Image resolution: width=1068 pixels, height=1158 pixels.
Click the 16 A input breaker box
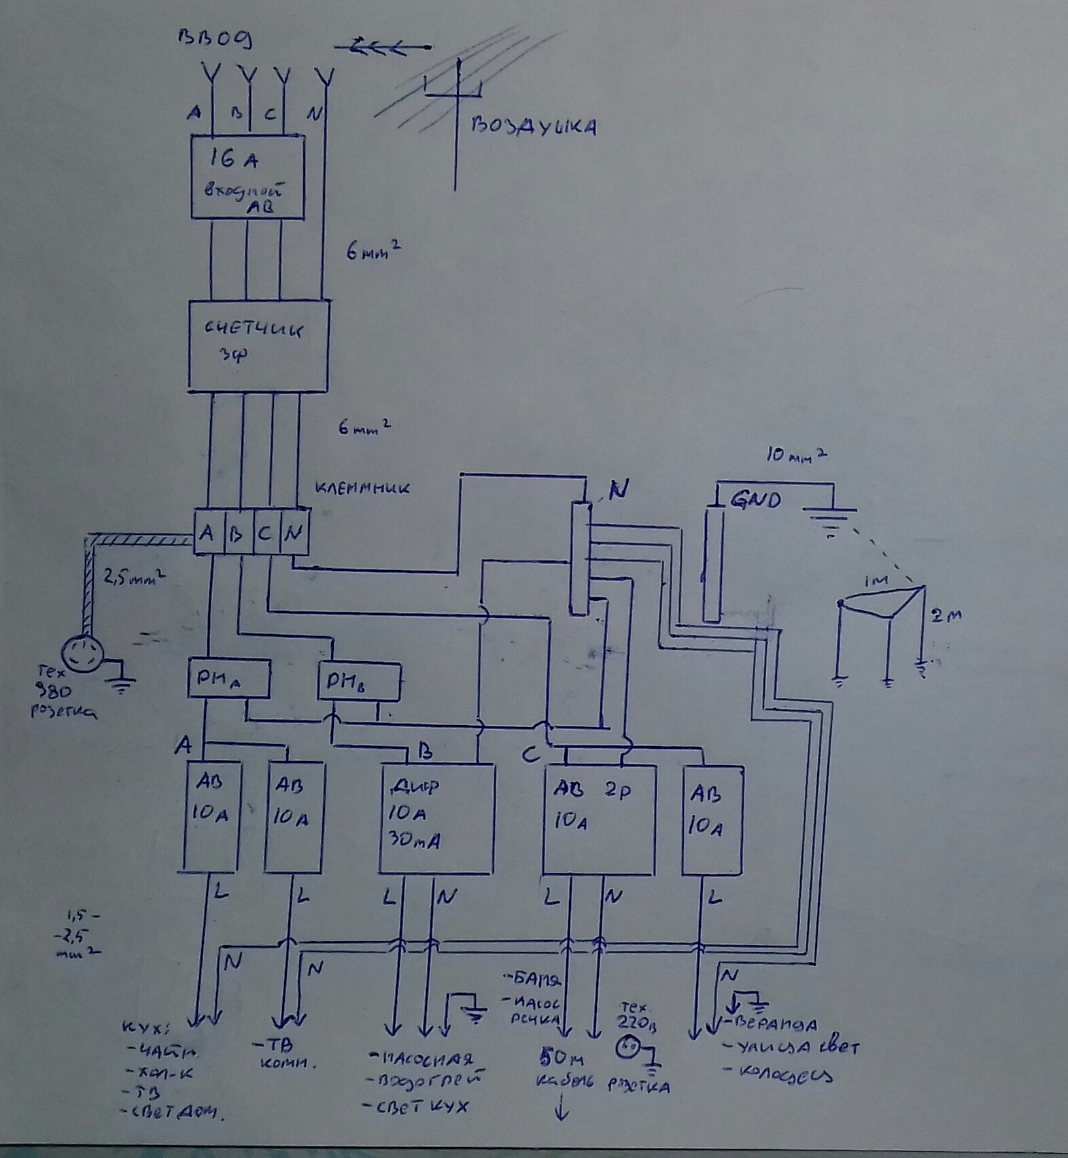(247, 177)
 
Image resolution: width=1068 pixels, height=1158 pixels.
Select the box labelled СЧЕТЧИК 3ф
(259, 345)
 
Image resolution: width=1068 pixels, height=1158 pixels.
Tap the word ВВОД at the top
(216, 39)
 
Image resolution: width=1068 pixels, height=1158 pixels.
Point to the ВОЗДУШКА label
(534, 127)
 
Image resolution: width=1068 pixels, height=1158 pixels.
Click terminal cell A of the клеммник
(207, 532)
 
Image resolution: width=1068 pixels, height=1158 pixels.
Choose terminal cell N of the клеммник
(293, 533)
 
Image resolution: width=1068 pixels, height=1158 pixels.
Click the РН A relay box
(228, 678)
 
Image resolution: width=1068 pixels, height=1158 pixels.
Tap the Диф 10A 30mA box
(436, 818)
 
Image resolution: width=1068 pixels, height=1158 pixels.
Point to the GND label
(755, 502)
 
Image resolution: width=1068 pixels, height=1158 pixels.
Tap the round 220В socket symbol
(626, 1047)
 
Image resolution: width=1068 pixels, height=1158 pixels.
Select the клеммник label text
(362, 488)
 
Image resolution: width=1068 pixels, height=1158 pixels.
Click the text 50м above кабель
(562, 1057)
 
